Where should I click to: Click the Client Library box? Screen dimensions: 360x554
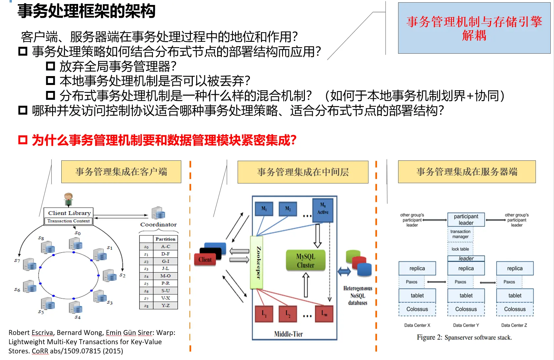[x=69, y=213]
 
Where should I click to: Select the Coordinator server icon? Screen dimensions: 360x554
[x=158, y=213]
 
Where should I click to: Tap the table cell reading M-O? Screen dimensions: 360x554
[x=165, y=276]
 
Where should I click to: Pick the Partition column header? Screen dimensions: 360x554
[x=165, y=239]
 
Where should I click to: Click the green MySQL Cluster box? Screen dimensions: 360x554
[x=306, y=261]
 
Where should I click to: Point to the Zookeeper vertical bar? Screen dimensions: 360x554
[x=257, y=263]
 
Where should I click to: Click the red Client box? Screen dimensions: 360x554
[x=205, y=260]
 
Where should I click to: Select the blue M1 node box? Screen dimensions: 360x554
[x=264, y=209]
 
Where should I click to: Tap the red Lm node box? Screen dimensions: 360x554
[x=324, y=314]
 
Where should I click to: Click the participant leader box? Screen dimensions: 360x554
[x=466, y=220]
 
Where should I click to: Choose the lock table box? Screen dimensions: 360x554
[x=460, y=249]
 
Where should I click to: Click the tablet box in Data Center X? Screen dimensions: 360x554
[x=417, y=295]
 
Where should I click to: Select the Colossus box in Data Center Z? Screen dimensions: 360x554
[x=515, y=309]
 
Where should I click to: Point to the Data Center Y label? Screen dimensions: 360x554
[x=466, y=325]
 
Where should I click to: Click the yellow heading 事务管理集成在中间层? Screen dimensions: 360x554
[x=303, y=172]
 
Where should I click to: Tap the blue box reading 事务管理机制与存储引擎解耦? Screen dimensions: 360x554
[x=474, y=28]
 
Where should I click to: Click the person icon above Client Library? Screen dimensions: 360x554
[x=69, y=199]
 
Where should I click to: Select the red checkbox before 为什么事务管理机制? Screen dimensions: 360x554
[x=23, y=140]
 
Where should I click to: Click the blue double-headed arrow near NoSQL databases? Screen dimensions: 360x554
[x=344, y=271]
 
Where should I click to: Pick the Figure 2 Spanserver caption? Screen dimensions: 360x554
[x=464, y=337]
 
